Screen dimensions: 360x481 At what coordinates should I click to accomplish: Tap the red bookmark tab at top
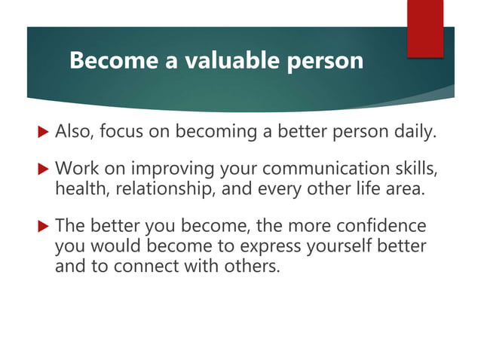point(424,29)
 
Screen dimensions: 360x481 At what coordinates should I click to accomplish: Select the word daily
point(412,133)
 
